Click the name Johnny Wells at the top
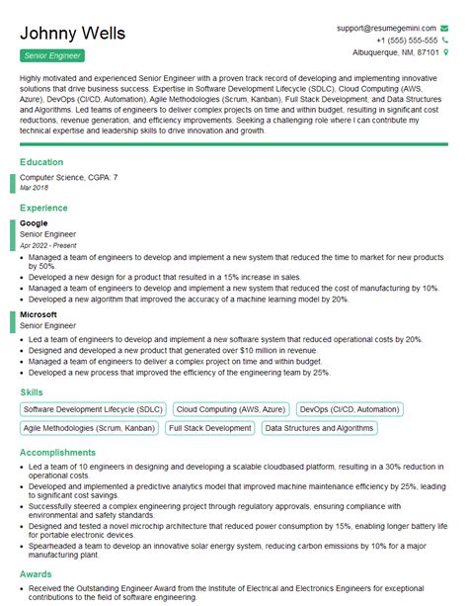tap(73, 34)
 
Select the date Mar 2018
tap(34, 187)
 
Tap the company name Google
tap(34, 223)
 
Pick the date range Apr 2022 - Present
tap(47, 244)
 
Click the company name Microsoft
tap(39, 314)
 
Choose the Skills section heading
tap(32, 392)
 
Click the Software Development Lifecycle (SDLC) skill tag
tap(93, 408)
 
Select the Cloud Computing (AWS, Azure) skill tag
tap(231, 408)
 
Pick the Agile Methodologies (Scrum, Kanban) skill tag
tap(88, 428)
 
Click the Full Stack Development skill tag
tap(209, 428)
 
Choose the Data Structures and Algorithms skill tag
tap(319, 428)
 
